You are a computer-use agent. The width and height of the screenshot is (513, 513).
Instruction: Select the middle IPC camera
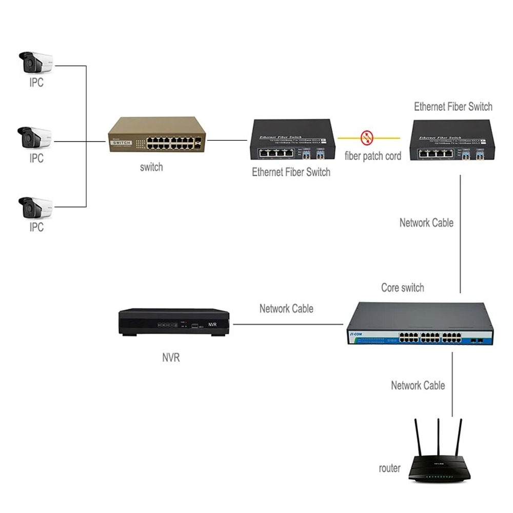(x=35, y=137)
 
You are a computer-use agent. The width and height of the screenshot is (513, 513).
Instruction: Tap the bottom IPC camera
(x=35, y=207)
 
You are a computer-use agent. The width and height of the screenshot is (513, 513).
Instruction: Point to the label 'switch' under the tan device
(x=151, y=167)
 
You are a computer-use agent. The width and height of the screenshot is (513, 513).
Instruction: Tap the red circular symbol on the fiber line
(x=367, y=137)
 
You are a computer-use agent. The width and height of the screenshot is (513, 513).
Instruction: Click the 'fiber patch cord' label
(x=373, y=156)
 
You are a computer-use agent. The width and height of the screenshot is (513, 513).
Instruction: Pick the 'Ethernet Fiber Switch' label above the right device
(x=453, y=107)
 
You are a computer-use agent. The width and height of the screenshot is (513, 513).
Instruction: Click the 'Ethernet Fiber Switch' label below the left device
(x=291, y=172)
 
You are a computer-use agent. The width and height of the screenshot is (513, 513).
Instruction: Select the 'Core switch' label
(x=403, y=287)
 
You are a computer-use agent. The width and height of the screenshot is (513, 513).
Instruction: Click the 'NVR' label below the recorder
(x=171, y=358)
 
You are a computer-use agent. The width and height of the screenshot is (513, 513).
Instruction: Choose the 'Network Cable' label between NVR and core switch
(x=286, y=308)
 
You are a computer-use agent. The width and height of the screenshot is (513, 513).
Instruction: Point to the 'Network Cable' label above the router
(x=418, y=385)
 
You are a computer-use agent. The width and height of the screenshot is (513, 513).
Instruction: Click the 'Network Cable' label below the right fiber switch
(x=426, y=223)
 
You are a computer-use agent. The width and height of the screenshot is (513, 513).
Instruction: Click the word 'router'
(x=389, y=468)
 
